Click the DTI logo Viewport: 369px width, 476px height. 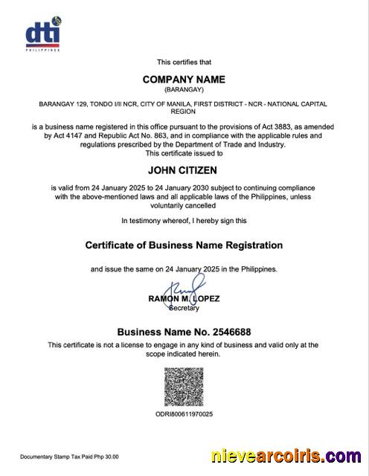43,35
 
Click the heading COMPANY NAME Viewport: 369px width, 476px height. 184,80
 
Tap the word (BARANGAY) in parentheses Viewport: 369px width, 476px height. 184,89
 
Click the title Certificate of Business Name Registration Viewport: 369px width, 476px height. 184,245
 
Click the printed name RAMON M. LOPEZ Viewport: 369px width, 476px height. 184,299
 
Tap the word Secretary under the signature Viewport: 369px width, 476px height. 184,307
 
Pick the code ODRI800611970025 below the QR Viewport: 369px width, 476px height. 184,414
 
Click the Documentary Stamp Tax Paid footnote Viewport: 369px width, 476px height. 68,457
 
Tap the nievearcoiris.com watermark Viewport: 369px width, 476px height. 286,456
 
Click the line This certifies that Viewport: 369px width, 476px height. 184,62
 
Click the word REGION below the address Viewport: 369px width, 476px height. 184,112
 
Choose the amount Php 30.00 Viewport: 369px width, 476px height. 105,457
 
